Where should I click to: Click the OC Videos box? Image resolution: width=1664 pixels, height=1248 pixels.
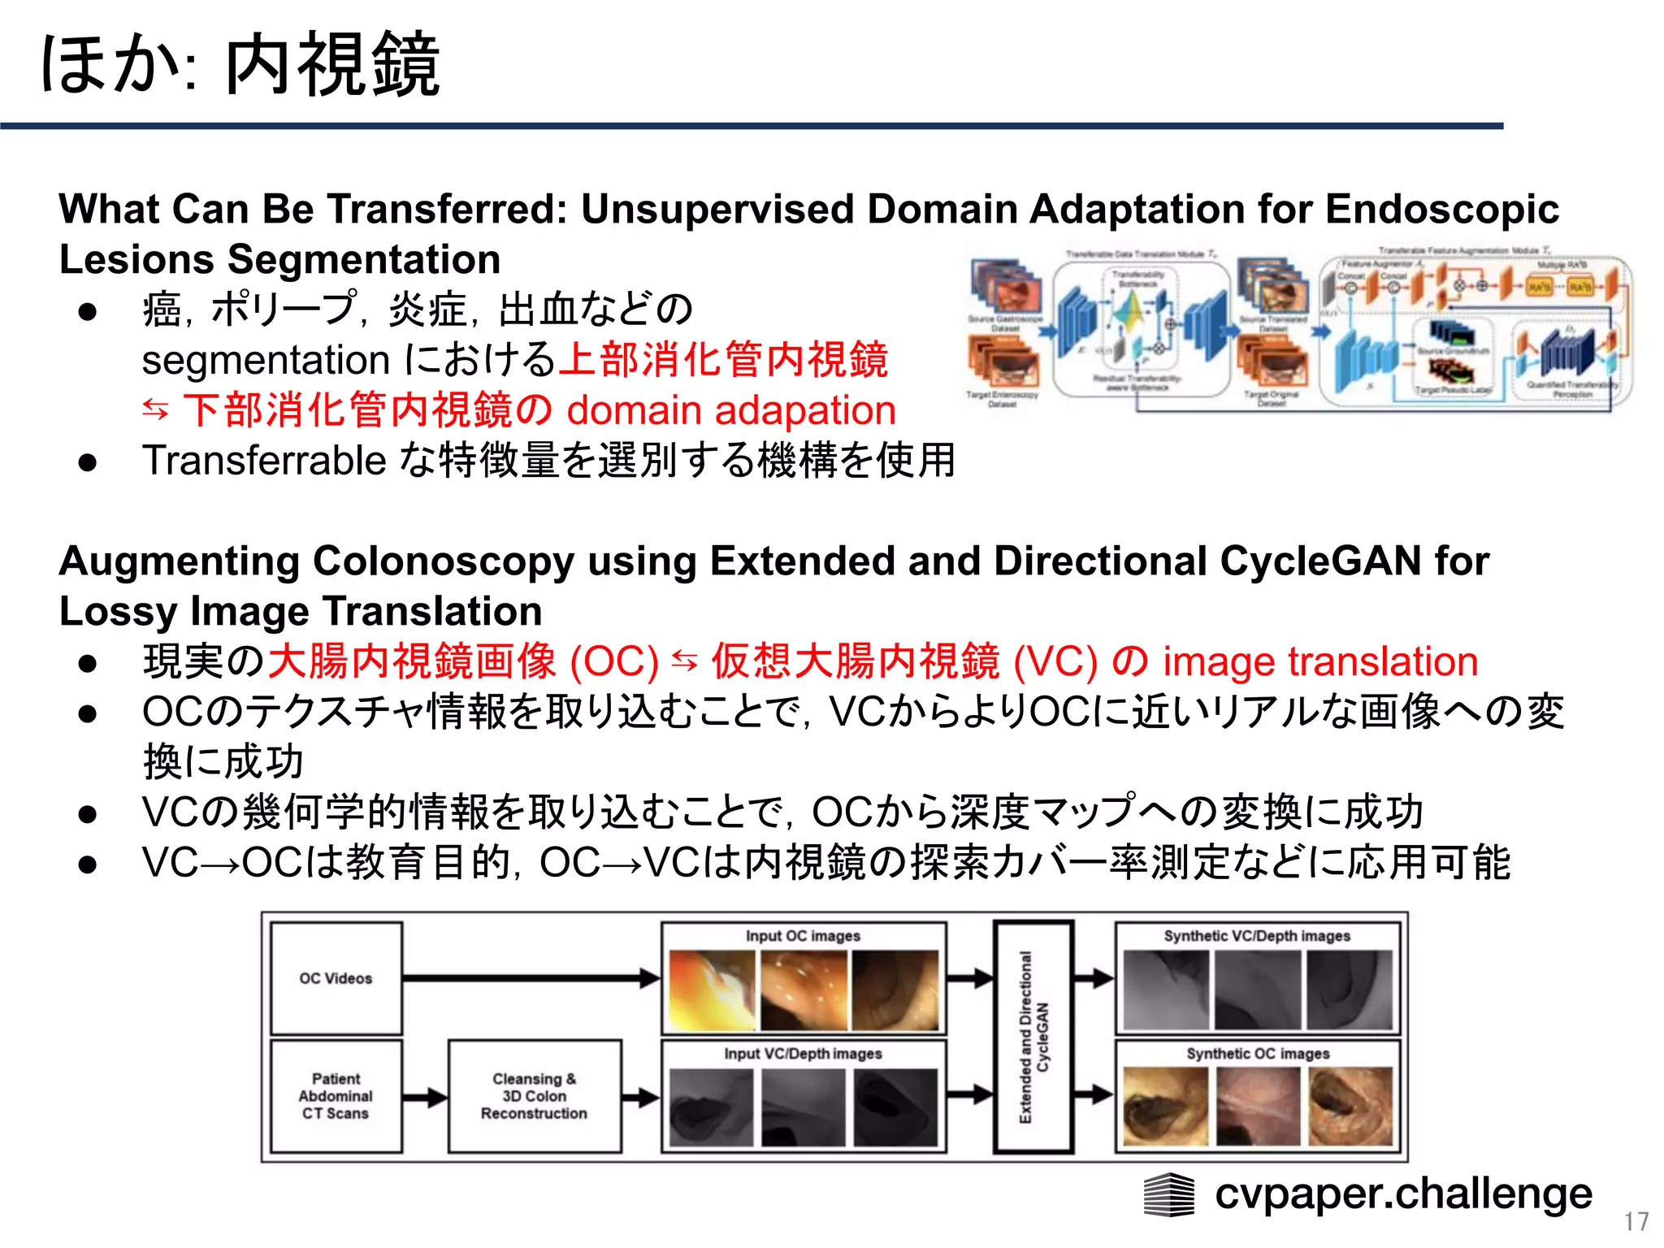click(x=336, y=978)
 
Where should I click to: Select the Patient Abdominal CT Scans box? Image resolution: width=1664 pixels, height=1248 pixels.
click(x=336, y=1096)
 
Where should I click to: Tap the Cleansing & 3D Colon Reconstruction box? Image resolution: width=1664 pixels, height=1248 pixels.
click(x=534, y=1096)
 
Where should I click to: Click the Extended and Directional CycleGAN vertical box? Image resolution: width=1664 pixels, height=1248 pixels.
click(x=1033, y=1037)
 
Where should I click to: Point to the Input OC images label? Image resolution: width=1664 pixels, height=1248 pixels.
click(x=803, y=936)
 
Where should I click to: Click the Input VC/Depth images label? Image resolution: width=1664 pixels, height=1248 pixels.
click(x=803, y=1054)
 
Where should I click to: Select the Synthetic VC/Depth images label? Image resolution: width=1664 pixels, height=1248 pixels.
click(x=1257, y=936)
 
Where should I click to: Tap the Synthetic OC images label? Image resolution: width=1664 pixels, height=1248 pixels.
click(x=1258, y=1054)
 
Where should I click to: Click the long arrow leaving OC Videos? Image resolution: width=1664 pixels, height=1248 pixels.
click(x=528, y=978)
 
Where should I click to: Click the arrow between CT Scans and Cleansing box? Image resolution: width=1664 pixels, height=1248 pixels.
click(x=425, y=1097)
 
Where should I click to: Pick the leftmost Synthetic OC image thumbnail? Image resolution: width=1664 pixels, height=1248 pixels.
click(x=1165, y=1107)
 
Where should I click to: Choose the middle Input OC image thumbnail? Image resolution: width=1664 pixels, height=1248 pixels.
click(x=804, y=990)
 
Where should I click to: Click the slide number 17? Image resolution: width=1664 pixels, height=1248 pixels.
click(x=1636, y=1221)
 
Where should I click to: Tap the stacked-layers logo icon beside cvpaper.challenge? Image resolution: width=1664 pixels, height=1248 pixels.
click(x=1169, y=1195)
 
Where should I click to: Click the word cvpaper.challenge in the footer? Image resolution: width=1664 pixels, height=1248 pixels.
click(x=1403, y=1194)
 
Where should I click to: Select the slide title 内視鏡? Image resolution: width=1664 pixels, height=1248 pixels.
click(x=332, y=65)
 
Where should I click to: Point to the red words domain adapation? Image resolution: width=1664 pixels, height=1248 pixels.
click(x=730, y=410)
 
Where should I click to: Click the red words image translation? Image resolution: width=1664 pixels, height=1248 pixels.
click(x=1319, y=661)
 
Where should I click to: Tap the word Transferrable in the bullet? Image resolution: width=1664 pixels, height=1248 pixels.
click(x=263, y=461)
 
